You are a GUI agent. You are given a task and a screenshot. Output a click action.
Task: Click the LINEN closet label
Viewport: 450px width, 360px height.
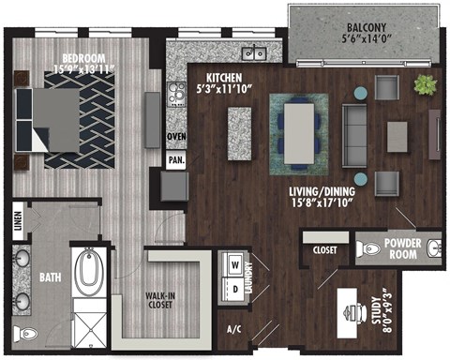[19, 227]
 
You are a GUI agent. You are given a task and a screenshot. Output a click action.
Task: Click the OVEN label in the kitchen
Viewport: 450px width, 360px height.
[175, 136]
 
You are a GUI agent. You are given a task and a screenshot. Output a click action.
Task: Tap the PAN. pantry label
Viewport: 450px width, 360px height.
[174, 159]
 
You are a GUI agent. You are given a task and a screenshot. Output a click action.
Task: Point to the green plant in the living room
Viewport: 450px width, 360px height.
[425, 84]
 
